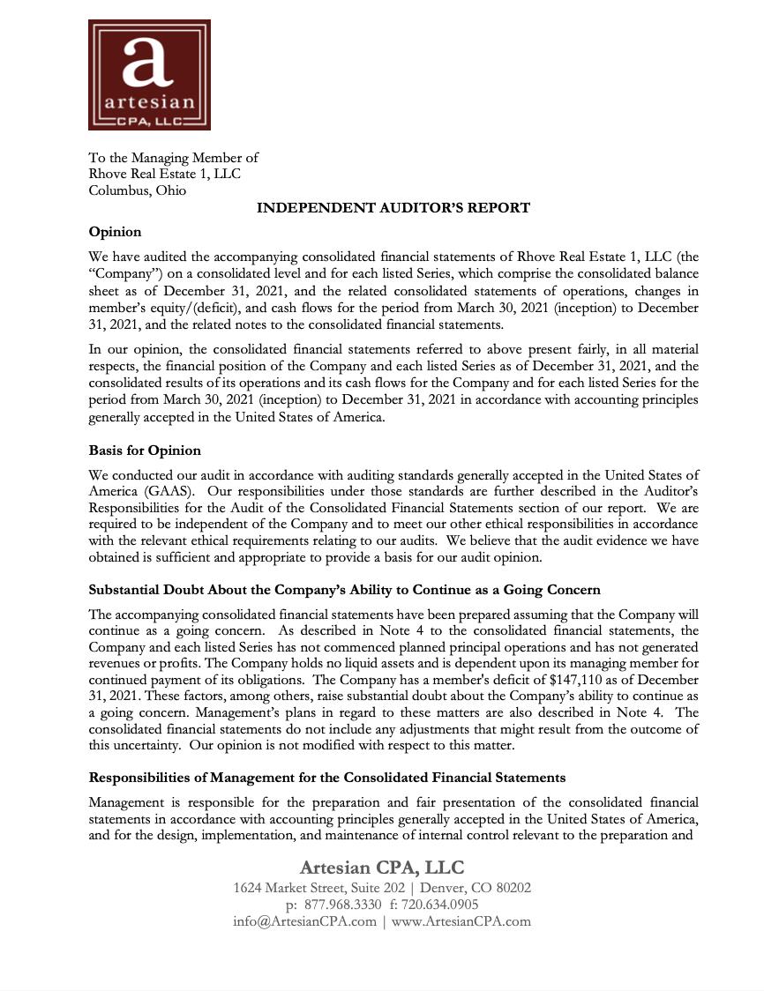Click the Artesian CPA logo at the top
pos(149,76)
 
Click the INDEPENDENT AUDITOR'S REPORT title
pos(393,208)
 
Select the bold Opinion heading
pos(115,232)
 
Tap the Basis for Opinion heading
pos(145,451)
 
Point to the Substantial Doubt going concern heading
pos(344,590)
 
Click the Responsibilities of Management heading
pos(326,778)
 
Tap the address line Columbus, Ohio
pos(137,190)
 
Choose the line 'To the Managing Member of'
pos(173,158)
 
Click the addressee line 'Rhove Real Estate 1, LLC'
pos(164,174)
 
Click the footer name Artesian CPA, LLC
pos(381,868)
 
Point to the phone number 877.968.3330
pos(343,905)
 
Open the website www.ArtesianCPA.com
pos(461,921)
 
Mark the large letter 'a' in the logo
pos(148,62)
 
